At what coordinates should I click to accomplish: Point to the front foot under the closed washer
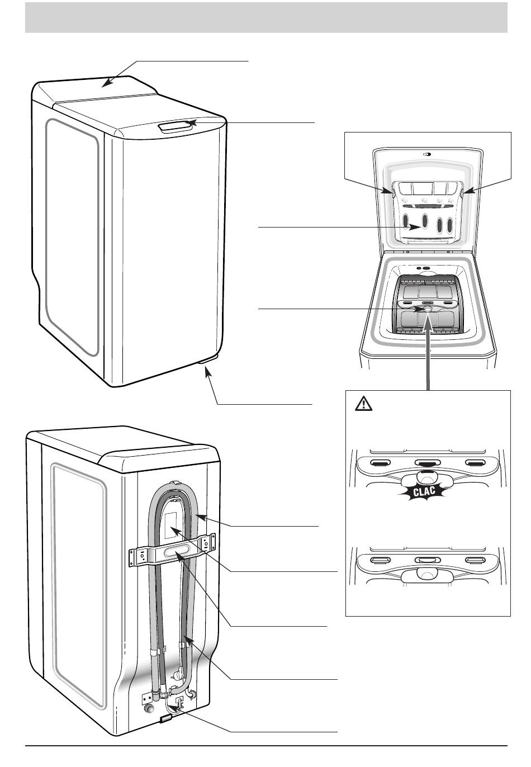click(208, 368)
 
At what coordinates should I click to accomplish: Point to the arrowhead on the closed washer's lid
click(106, 84)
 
